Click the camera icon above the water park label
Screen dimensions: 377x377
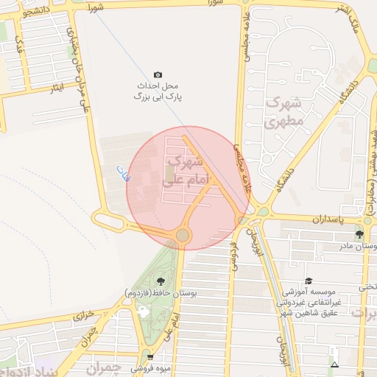point(158,74)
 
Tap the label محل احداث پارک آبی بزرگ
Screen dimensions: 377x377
point(158,91)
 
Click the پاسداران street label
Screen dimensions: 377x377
point(318,219)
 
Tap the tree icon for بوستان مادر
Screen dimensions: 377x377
point(359,234)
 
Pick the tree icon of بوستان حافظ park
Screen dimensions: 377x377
point(161,281)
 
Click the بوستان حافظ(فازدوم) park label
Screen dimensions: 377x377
point(161,295)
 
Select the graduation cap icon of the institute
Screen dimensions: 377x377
point(309,281)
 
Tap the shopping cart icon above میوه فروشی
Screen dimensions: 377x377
point(150,356)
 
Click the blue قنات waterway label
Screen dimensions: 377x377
point(121,174)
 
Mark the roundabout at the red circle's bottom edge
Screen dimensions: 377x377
point(183,235)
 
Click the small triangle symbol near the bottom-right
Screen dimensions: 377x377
point(335,364)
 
